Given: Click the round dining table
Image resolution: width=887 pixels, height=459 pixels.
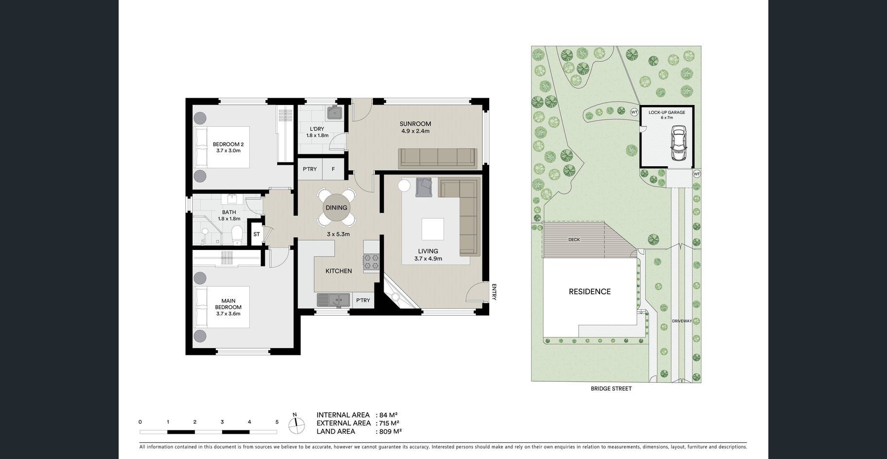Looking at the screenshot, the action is (x=336, y=208).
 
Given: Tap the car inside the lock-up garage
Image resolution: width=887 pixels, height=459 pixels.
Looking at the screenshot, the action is (x=678, y=143).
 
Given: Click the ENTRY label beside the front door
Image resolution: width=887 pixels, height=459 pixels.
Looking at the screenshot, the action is (x=494, y=292).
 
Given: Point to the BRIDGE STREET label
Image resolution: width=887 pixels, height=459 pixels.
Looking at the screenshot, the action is (x=611, y=388).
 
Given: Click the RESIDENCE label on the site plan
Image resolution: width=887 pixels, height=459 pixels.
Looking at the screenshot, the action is (x=590, y=292).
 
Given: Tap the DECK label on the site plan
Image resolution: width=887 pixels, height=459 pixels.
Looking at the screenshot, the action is (x=574, y=240).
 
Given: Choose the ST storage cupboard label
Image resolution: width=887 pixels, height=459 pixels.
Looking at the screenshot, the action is (x=256, y=234).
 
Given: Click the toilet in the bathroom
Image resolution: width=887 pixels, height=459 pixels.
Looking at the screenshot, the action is (x=237, y=235).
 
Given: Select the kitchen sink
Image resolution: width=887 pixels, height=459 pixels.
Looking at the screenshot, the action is (x=333, y=300).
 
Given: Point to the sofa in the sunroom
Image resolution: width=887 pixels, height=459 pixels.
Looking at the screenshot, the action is (x=437, y=158).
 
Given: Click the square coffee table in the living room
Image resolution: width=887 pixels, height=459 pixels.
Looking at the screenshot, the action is (x=432, y=229).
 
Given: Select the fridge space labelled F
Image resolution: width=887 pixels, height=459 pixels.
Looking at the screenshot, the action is (x=333, y=169).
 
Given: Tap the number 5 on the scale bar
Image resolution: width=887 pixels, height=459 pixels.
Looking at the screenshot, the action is (x=277, y=422).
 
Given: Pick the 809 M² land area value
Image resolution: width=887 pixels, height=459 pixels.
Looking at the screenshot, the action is (x=390, y=431).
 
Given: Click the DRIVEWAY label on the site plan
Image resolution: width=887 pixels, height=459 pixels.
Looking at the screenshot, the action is (x=682, y=321).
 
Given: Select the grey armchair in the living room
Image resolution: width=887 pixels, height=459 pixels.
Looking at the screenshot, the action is (x=424, y=187).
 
